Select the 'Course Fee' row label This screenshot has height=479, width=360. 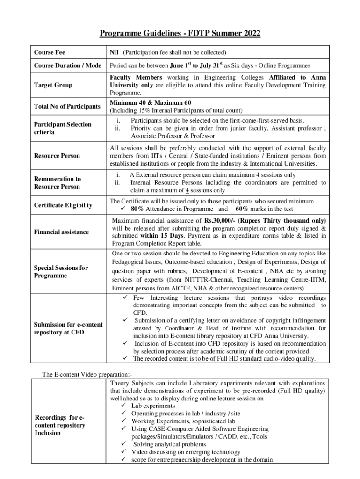[50, 52]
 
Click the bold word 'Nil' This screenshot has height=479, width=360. [114, 52]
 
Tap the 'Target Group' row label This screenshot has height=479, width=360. [52, 85]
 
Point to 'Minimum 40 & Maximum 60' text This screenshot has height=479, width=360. [150, 102]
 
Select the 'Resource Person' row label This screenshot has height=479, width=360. [58, 156]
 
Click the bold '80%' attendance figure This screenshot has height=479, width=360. [140, 209]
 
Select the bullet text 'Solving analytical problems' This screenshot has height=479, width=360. [170, 444]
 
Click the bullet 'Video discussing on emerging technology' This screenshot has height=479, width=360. [186, 452]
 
